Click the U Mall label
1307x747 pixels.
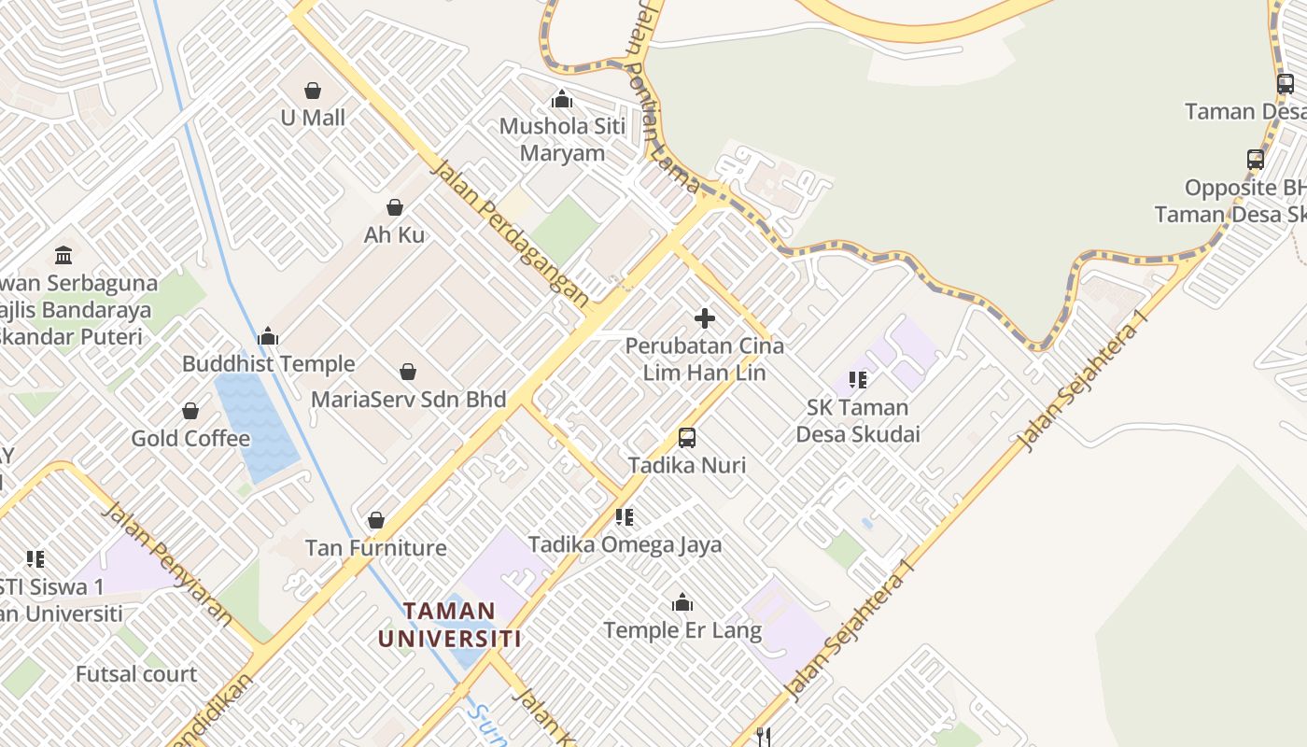(313, 118)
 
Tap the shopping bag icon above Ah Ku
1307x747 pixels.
(395, 207)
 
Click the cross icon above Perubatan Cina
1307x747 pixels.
(705, 318)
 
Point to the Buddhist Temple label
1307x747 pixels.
(269, 364)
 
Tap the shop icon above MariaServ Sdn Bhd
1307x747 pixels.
(408, 372)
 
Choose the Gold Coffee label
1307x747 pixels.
(190, 438)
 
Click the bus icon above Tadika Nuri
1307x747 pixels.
(687, 437)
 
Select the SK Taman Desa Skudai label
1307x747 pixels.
(858, 420)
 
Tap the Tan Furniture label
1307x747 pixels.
(376, 547)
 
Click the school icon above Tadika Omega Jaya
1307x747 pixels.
(625, 516)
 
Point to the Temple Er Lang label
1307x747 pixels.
(682, 630)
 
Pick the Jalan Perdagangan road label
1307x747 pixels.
(510, 233)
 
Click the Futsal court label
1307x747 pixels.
(136, 674)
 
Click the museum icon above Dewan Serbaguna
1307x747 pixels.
(63, 254)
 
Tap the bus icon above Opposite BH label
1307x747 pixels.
(1255, 160)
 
